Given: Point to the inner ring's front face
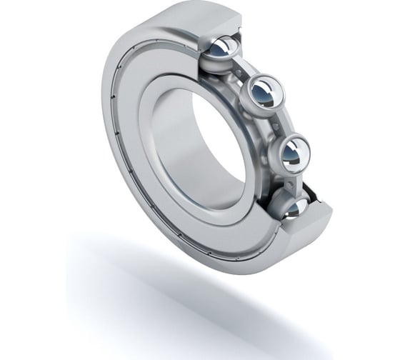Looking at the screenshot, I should click(171, 179).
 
